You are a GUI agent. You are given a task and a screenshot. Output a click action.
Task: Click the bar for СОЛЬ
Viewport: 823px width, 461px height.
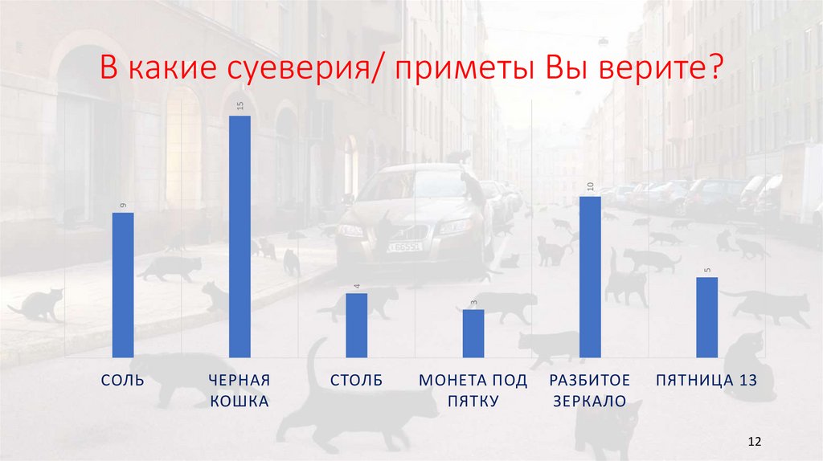click(123, 284)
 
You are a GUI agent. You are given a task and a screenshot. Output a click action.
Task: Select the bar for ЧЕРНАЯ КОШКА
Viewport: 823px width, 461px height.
click(240, 236)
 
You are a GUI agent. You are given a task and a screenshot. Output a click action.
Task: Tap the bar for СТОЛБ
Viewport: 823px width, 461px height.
click(357, 324)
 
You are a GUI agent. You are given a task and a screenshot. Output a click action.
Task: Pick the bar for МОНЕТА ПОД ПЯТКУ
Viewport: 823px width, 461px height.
click(474, 332)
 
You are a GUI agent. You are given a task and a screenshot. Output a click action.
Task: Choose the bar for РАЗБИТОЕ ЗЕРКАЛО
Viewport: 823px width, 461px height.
click(590, 276)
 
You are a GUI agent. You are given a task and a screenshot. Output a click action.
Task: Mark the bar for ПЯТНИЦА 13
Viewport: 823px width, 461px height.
click(707, 316)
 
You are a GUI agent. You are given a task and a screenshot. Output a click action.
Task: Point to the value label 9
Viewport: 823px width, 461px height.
click(123, 206)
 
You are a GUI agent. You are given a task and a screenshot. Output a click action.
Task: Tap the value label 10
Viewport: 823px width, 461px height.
click(590, 187)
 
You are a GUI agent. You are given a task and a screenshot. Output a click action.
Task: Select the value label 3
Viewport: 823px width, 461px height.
click(474, 302)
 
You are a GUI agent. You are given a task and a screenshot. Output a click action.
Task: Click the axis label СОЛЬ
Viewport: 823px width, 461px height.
click(123, 380)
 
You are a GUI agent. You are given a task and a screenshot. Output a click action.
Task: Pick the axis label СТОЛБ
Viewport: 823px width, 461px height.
click(356, 380)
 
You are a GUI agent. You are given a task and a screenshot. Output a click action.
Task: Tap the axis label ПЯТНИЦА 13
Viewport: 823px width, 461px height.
click(706, 380)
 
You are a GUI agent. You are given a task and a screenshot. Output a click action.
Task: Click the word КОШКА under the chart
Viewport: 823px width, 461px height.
click(240, 401)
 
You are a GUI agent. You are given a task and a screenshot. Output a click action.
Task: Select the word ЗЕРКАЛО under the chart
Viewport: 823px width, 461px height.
click(589, 401)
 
